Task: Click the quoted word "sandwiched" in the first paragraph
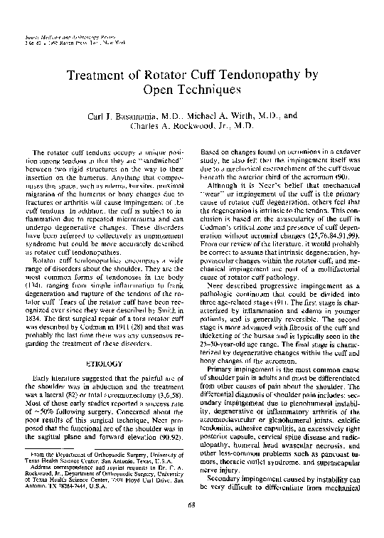pyautogui.click(x=161, y=160)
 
